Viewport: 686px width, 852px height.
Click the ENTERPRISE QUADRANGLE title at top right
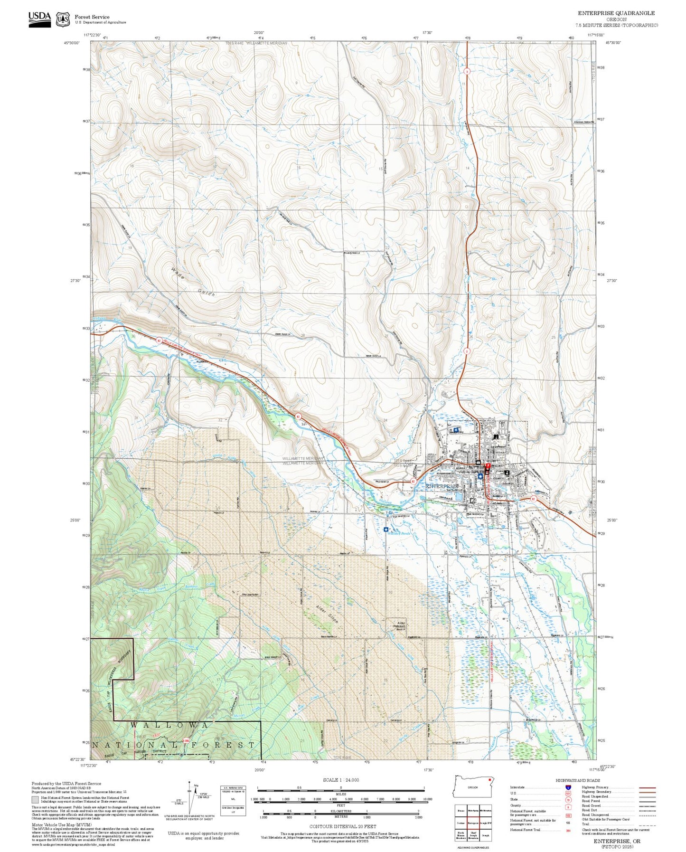click(616, 13)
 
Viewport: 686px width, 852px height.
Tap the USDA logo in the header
click(39, 19)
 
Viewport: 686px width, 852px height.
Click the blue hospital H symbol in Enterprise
click(456, 430)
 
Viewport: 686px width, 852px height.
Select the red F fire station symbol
click(488, 466)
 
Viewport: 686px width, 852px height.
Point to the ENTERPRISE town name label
click(442, 487)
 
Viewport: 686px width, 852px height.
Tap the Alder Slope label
click(327, 615)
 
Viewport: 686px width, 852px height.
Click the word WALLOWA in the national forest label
click(169, 725)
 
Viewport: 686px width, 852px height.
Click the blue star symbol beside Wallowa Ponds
click(385, 529)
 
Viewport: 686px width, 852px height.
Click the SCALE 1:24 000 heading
click(341, 780)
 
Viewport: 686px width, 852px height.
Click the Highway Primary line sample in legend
click(647, 787)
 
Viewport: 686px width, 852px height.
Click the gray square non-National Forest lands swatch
click(35, 799)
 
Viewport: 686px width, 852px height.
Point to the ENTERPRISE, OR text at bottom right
click(616, 841)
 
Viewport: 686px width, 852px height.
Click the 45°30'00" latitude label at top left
click(72, 43)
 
